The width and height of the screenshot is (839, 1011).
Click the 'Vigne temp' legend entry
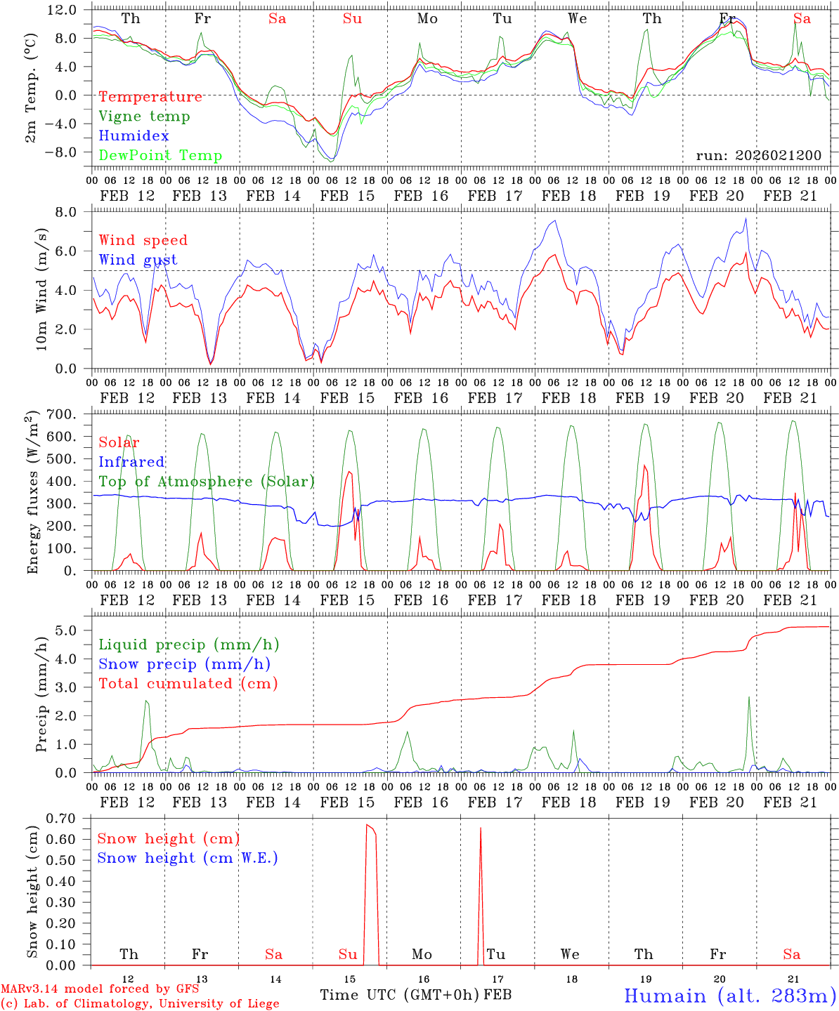pos(144,117)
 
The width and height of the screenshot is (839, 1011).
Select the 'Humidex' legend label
pos(134,136)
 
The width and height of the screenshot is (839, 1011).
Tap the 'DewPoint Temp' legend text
pos(160,156)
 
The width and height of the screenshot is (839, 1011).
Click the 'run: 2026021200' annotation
pos(758,156)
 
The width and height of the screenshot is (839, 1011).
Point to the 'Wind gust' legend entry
pos(138,260)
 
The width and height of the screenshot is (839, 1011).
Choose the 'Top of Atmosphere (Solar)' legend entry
pos(207,482)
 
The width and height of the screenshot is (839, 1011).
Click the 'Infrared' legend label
pos(131,462)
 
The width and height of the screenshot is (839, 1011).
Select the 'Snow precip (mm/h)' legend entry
pos(184,664)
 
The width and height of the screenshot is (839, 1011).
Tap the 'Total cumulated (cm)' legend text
pos(188,684)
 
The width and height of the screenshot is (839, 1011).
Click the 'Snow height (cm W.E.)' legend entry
pos(188,858)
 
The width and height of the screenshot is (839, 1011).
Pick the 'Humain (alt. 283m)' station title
pos(729,996)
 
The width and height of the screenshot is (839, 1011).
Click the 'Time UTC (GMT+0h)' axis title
pos(399,995)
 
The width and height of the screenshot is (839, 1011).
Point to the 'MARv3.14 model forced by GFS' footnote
pos(100,989)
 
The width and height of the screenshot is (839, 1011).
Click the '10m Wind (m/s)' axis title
pos(41,289)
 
